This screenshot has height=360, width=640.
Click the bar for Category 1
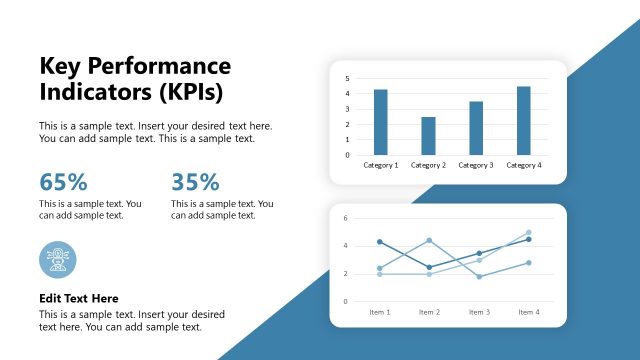380,122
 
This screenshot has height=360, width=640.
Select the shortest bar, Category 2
428,136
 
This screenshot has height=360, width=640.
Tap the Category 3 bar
476,128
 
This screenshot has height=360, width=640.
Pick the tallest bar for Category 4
524,120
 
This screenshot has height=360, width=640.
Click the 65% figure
63,182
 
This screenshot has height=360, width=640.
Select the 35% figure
195,182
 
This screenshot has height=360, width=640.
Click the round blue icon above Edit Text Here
57,259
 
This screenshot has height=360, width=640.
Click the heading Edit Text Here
79,298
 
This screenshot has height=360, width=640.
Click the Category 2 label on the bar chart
428,165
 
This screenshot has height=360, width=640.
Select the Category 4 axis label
524,165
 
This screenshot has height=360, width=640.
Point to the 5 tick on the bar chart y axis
347,78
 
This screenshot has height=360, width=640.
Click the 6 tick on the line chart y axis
345,218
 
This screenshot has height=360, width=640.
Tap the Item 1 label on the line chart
380,312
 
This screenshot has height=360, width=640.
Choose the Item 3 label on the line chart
479,312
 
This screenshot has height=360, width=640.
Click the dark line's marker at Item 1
380,242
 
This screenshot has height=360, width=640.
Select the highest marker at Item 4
528,233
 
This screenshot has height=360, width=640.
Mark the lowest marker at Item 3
479,277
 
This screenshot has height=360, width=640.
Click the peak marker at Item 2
429,240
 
